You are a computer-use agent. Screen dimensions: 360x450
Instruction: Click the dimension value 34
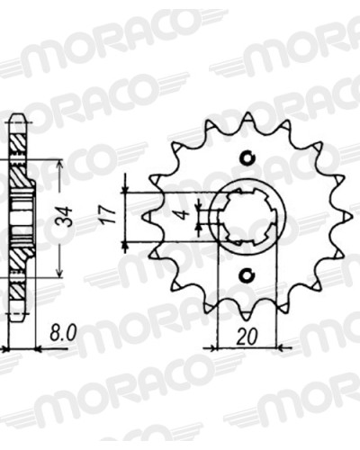(67, 217)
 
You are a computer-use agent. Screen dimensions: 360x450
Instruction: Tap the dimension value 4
(185, 215)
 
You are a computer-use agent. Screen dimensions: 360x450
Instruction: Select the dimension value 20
(247, 337)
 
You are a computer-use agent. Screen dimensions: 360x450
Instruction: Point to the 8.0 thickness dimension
(63, 333)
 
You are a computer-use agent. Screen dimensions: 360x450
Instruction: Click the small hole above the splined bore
(247, 158)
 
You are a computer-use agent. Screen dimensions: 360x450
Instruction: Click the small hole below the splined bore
(247, 274)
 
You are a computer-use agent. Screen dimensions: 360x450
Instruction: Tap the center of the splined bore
(247, 217)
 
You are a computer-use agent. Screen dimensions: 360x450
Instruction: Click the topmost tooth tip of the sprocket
(247, 113)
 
